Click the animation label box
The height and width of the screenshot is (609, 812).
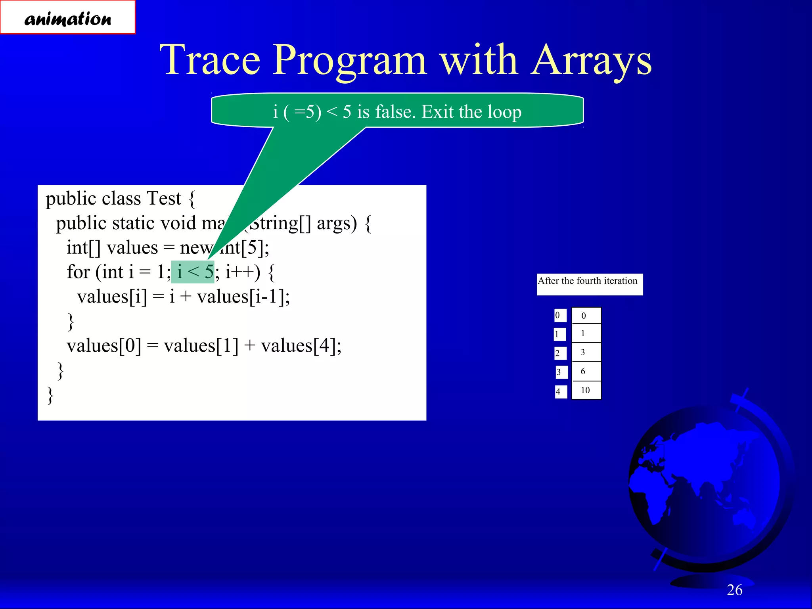click(x=68, y=17)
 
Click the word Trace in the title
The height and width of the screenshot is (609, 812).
click(x=210, y=60)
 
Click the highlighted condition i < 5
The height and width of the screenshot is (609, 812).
click(x=193, y=272)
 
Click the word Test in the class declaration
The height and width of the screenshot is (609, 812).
click(x=163, y=198)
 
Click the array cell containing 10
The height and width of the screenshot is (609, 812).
click(x=586, y=390)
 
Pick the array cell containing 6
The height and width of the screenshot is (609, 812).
click(x=586, y=372)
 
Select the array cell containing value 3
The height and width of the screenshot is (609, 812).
click(x=586, y=352)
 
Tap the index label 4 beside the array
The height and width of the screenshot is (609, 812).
click(x=559, y=392)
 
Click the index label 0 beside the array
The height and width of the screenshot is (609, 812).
click(x=559, y=316)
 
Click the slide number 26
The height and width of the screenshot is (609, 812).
click(x=734, y=590)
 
